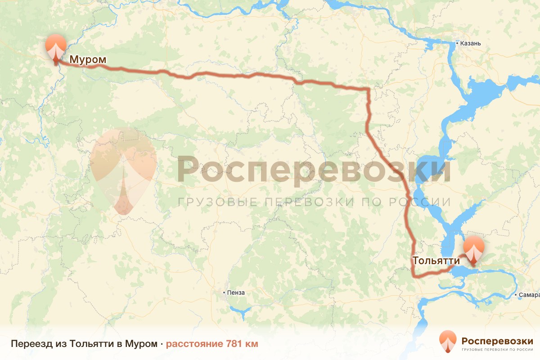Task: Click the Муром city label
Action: tap(88, 59)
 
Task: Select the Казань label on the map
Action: tap(470, 44)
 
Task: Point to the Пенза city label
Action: tap(236, 292)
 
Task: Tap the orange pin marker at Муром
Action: tap(56, 47)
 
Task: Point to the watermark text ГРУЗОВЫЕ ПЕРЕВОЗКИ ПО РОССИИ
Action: tap(314, 202)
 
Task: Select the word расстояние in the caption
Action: tap(194, 344)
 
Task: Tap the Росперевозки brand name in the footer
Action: tap(497, 340)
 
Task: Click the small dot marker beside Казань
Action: tap(457, 44)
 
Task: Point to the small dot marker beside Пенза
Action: tap(225, 292)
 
